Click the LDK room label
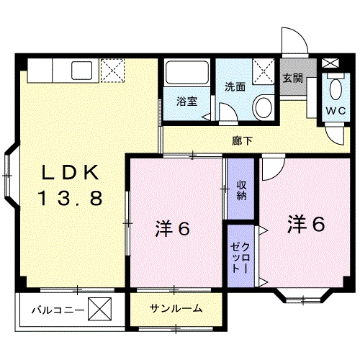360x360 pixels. point(71,172)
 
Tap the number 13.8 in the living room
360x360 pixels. point(71,198)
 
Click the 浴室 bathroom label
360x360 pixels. point(187,102)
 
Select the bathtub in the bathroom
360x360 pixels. point(186,73)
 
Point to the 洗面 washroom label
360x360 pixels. point(235,87)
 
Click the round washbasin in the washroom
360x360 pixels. point(264,107)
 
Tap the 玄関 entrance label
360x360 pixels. point(292,78)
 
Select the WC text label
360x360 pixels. point(336,111)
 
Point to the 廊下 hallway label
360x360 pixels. point(242,141)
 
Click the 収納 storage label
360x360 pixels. point(241,191)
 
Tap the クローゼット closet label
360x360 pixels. point(240,258)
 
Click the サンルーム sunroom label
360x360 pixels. point(176,308)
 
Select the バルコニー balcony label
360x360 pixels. point(58,310)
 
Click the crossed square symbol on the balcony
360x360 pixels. point(99,309)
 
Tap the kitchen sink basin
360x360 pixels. point(81,71)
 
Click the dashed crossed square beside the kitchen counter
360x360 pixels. point(112,71)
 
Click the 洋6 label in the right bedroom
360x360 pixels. point(306,224)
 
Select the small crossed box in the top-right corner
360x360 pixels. point(330,63)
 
